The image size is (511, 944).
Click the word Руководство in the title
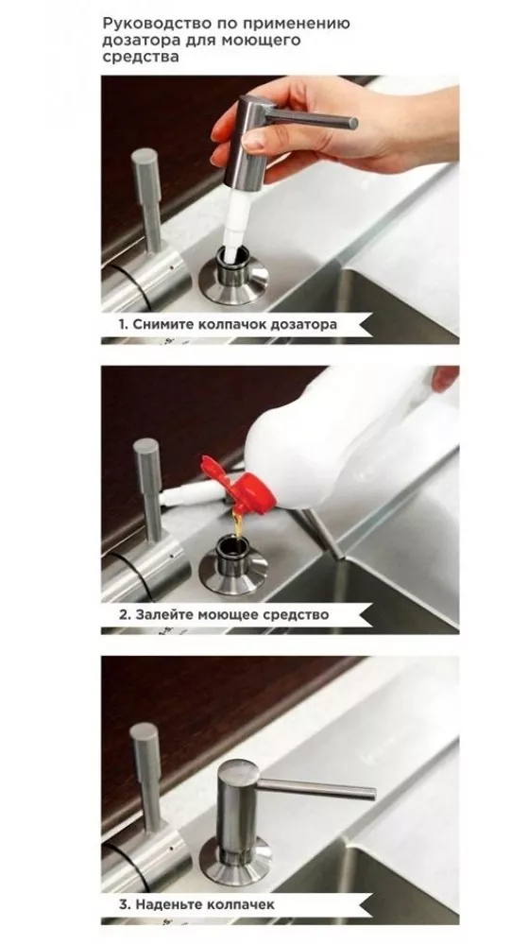[151, 24]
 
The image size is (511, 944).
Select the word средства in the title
[140, 58]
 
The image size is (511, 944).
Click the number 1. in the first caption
[123, 324]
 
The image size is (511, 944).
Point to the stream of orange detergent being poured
[239, 526]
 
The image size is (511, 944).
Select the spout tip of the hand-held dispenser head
[353, 124]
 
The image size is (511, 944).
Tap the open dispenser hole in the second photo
[233, 545]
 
